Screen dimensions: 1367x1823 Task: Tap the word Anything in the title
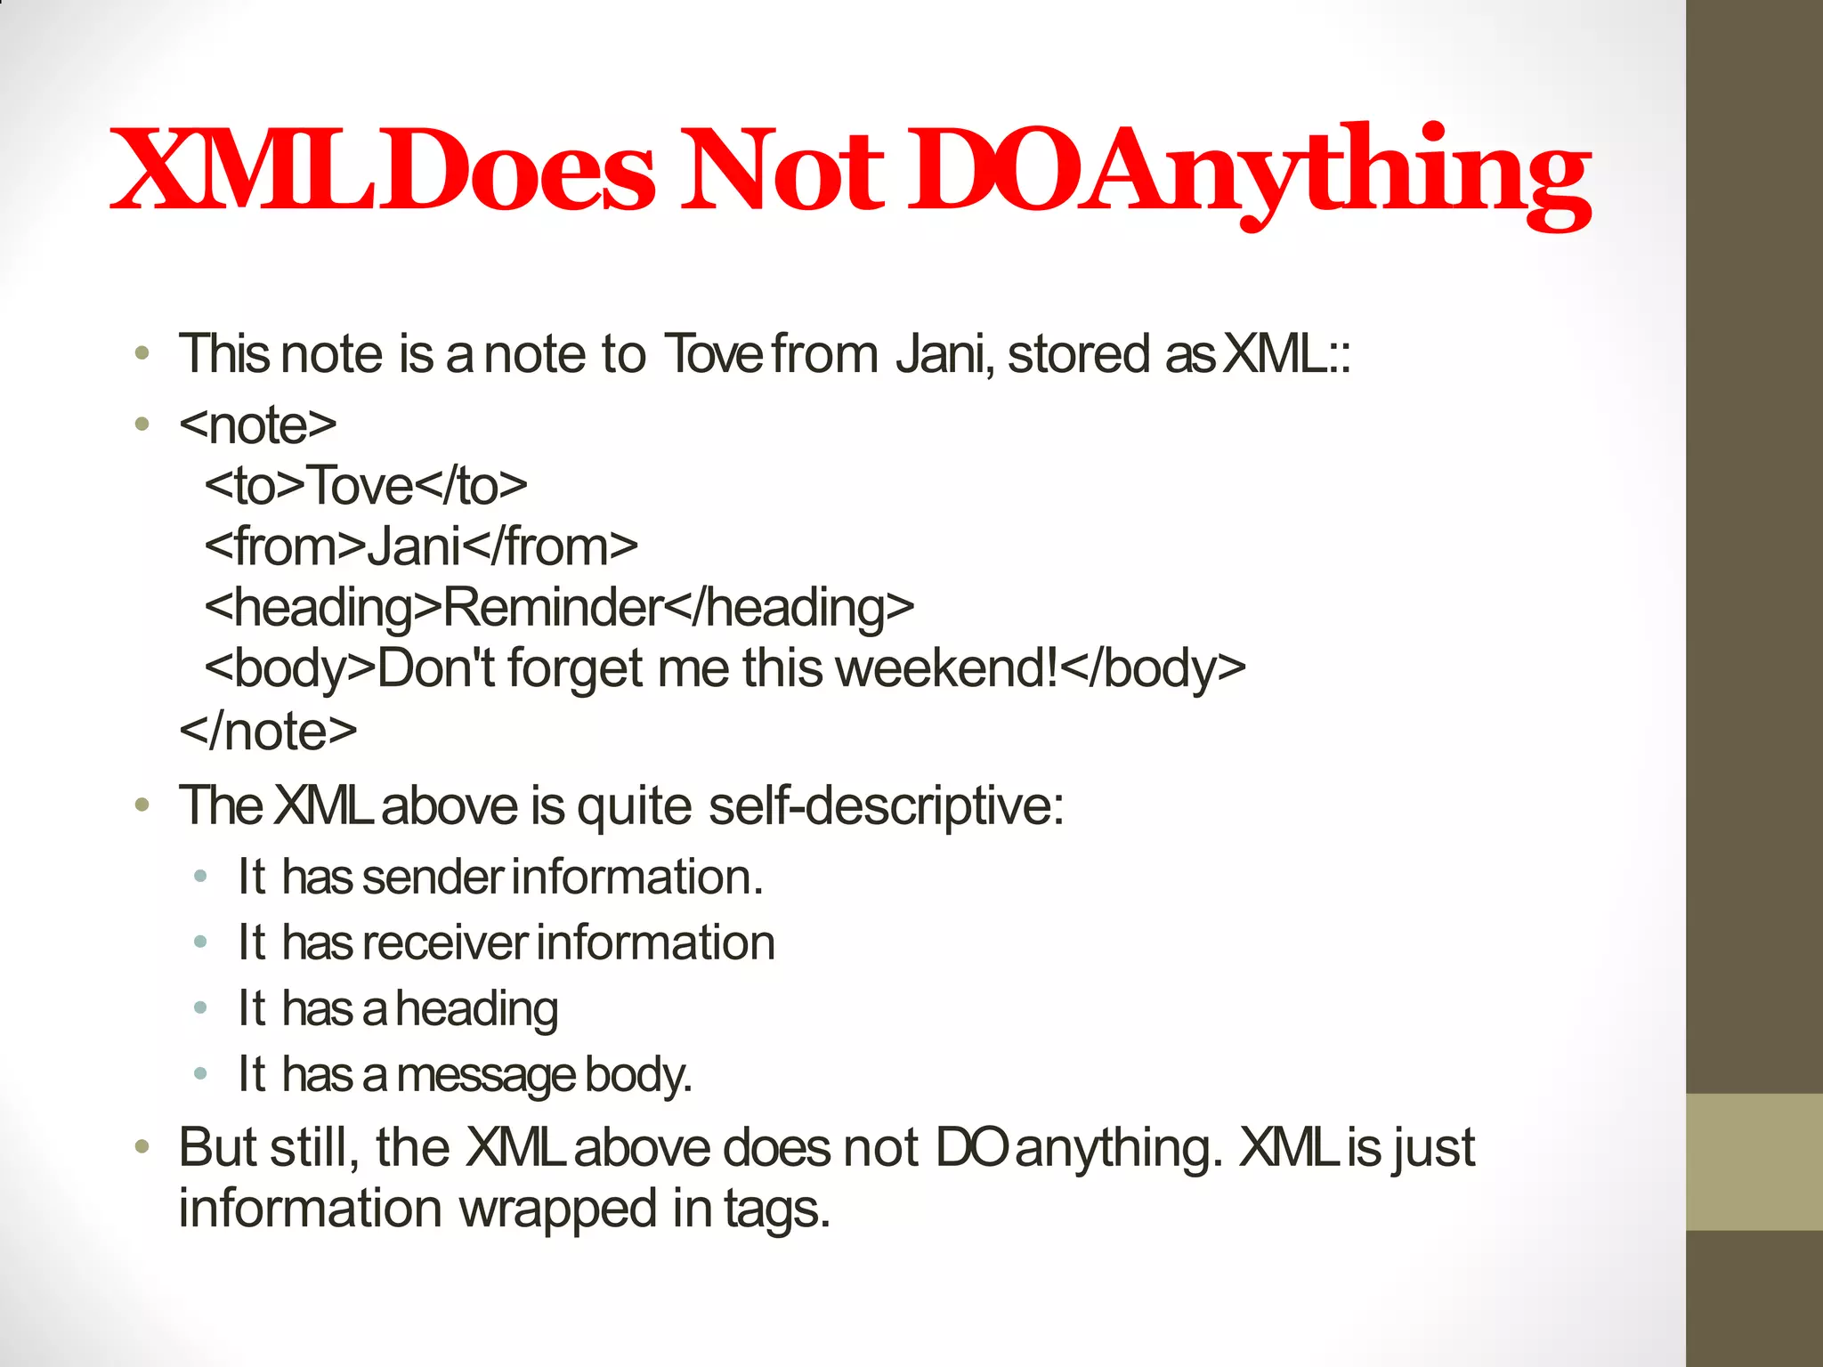[1335, 174]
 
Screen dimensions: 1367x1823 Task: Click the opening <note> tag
[258, 425]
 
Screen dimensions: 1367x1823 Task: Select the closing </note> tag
[268, 732]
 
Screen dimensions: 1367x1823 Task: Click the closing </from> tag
[550, 546]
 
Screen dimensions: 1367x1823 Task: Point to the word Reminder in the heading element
[553, 608]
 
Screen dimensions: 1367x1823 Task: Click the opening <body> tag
[290, 668]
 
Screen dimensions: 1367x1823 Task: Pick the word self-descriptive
[886, 806]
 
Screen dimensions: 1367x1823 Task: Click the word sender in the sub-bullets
[433, 877]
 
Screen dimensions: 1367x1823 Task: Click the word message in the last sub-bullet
[485, 1076]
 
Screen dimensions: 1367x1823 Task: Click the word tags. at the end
[777, 1209]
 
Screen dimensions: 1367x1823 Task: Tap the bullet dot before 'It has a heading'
[200, 1008]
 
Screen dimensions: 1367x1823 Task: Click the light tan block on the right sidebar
[1754, 1161]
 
